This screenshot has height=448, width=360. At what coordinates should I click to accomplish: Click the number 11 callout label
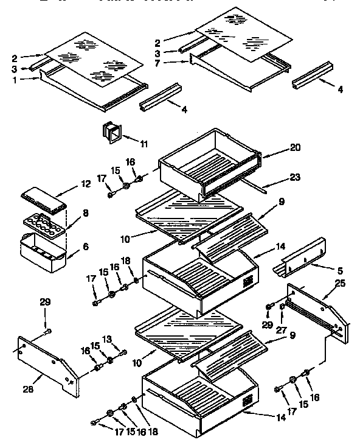(144, 144)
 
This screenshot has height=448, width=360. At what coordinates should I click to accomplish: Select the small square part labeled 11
(112, 132)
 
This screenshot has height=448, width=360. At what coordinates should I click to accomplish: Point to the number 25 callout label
(339, 284)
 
